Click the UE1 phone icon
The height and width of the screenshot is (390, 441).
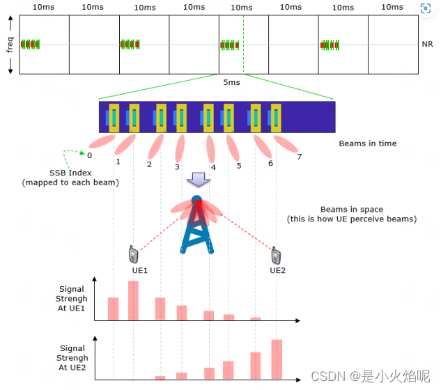[x=132, y=255]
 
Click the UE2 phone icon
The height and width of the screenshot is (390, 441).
[x=276, y=255]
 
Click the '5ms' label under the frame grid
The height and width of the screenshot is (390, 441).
[x=232, y=82]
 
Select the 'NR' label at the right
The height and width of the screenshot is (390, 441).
[x=427, y=44]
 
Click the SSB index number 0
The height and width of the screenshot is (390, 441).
[x=90, y=155]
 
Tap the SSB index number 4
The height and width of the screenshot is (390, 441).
[x=213, y=167]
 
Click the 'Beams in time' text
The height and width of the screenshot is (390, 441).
[x=367, y=143]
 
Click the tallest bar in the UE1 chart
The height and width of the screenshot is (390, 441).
[x=133, y=300]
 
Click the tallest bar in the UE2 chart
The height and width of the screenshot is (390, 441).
[x=277, y=359]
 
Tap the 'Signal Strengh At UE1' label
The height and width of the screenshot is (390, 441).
[x=72, y=298]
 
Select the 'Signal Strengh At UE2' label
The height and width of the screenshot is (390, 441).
[x=72, y=357]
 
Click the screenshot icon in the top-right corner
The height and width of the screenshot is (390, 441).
[x=426, y=9]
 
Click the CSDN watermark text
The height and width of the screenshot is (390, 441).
[x=370, y=376]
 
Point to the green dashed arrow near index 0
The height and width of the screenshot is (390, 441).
[x=71, y=153]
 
